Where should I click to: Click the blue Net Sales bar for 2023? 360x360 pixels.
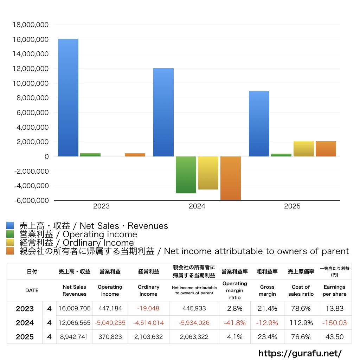68,98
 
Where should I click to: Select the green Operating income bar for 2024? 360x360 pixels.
186,175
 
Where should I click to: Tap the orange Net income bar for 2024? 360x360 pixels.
230,178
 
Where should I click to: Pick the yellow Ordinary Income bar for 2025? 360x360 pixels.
303,149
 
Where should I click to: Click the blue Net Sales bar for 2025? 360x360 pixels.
259,124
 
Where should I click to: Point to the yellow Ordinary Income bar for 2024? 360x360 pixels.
208,173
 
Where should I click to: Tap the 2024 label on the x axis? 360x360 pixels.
197,206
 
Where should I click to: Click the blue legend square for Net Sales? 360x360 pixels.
10,226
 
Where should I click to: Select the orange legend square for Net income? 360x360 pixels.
10,251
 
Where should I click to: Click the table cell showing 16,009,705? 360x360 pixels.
75,309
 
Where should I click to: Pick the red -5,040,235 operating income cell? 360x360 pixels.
110,323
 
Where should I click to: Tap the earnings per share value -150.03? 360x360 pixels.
334,323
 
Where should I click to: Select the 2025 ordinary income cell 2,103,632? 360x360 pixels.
148,337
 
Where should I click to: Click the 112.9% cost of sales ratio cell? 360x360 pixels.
301,323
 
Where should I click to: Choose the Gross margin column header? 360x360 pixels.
267,290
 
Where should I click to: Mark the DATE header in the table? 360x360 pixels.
32,290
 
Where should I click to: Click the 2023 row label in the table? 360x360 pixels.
25,309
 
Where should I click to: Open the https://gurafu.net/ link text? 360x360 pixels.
300,353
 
